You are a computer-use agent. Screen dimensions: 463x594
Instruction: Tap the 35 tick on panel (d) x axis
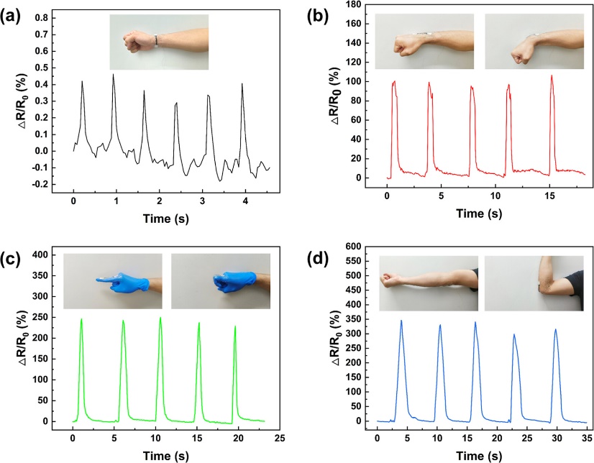pyautogui.click(x=587, y=436)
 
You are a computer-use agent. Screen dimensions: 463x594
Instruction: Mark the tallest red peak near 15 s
pyautogui.click(x=552, y=75)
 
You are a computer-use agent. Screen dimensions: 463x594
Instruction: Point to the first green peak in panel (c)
pyautogui.click(x=81, y=319)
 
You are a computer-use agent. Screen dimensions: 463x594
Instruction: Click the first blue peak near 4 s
pyautogui.click(x=401, y=321)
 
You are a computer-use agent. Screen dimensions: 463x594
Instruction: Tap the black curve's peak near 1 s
pyautogui.click(x=113, y=74)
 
